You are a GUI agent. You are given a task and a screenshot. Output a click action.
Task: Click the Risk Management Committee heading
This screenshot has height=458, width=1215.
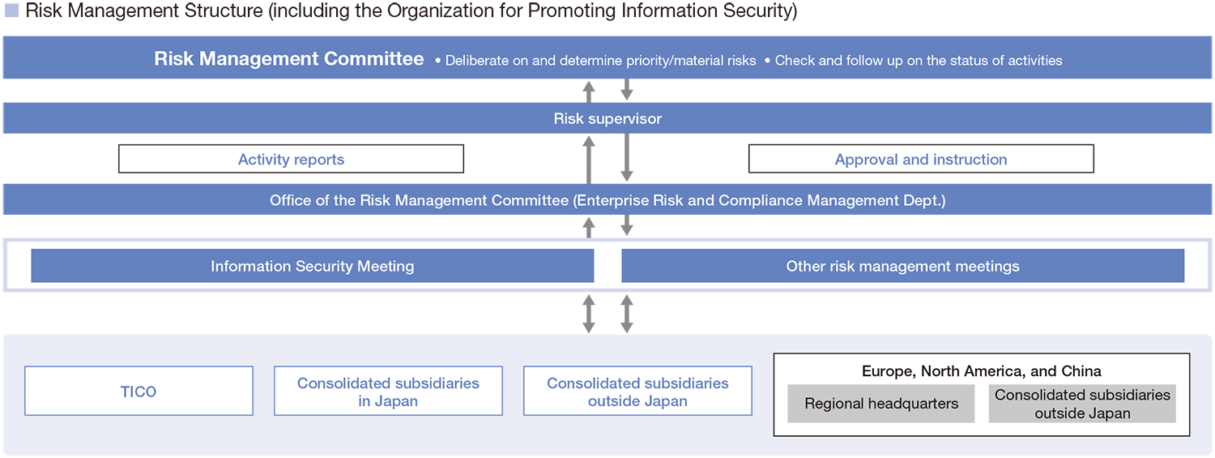click(x=288, y=59)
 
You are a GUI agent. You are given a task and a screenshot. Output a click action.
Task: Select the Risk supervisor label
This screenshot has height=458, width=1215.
click(x=607, y=119)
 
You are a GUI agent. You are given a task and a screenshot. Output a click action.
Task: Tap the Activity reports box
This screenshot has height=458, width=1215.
click(x=291, y=160)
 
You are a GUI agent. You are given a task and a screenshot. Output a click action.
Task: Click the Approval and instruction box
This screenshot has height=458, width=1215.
click(x=921, y=160)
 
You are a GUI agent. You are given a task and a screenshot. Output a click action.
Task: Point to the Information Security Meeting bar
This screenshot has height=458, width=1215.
click(x=312, y=266)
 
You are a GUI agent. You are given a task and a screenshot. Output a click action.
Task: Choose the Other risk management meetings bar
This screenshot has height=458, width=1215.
click(x=902, y=266)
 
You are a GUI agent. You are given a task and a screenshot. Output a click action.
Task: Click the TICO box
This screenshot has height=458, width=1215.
click(x=139, y=392)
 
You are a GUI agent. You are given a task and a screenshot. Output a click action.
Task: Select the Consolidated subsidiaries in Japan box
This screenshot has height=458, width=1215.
click(x=388, y=392)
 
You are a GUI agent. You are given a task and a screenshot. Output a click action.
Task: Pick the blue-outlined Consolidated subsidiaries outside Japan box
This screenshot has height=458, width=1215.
click(x=637, y=392)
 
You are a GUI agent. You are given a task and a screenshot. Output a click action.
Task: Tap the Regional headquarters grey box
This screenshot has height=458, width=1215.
click(x=881, y=404)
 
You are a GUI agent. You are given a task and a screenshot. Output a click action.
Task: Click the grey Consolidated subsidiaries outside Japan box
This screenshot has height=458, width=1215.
click(x=1082, y=404)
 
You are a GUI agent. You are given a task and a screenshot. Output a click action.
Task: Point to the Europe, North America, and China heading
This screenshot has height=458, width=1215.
click(x=981, y=371)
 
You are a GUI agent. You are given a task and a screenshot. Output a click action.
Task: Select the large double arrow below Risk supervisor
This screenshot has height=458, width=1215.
click(x=607, y=157)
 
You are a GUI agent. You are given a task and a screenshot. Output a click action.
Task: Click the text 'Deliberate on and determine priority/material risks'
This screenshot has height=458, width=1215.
click(x=600, y=61)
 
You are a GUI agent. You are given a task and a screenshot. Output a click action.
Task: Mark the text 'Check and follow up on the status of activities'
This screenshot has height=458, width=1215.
click(x=918, y=61)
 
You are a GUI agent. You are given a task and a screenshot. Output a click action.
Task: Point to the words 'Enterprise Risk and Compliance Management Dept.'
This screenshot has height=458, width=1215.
click(x=759, y=200)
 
